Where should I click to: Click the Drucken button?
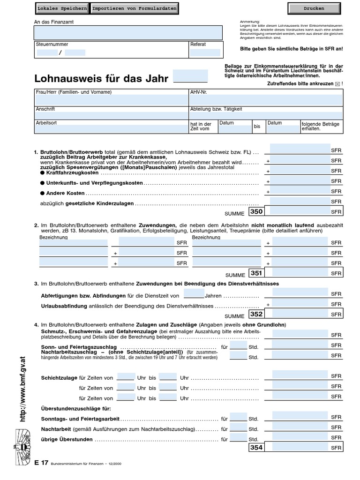click(314, 8)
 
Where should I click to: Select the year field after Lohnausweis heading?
click(190, 76)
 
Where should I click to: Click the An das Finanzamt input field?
click(128, 32)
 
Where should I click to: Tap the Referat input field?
click(205, 52)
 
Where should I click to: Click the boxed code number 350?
click(256, 211)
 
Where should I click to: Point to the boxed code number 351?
click(256, 273)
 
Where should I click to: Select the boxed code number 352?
click(256, 314)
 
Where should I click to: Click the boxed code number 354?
click(256, 448)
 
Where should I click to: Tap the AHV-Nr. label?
click(199, 92)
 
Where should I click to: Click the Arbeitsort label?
click(46, 123)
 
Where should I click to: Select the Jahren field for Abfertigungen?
click(194, 294)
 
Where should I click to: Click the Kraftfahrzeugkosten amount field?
click(300, 170)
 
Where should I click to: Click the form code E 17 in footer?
click(41, 463)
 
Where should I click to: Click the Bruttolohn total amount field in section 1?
click(300, 149)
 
